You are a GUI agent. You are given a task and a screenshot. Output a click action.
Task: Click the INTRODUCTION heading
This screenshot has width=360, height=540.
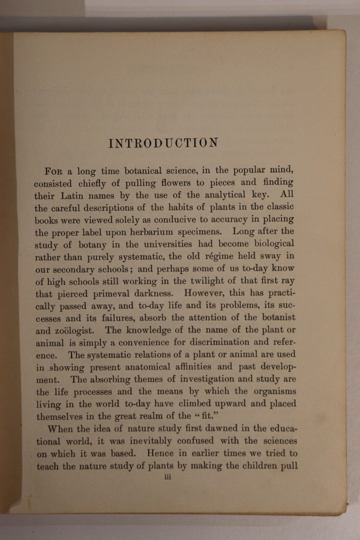tap(163, 143)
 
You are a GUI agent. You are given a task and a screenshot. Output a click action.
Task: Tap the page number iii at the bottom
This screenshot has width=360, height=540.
tap(167, 477)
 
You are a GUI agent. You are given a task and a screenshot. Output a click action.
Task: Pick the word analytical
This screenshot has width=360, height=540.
tap(225, 195)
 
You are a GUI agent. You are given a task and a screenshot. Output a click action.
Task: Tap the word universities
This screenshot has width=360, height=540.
tap(165, 244)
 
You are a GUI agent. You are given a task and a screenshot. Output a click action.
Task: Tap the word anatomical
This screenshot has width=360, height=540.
tap(148, 367)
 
